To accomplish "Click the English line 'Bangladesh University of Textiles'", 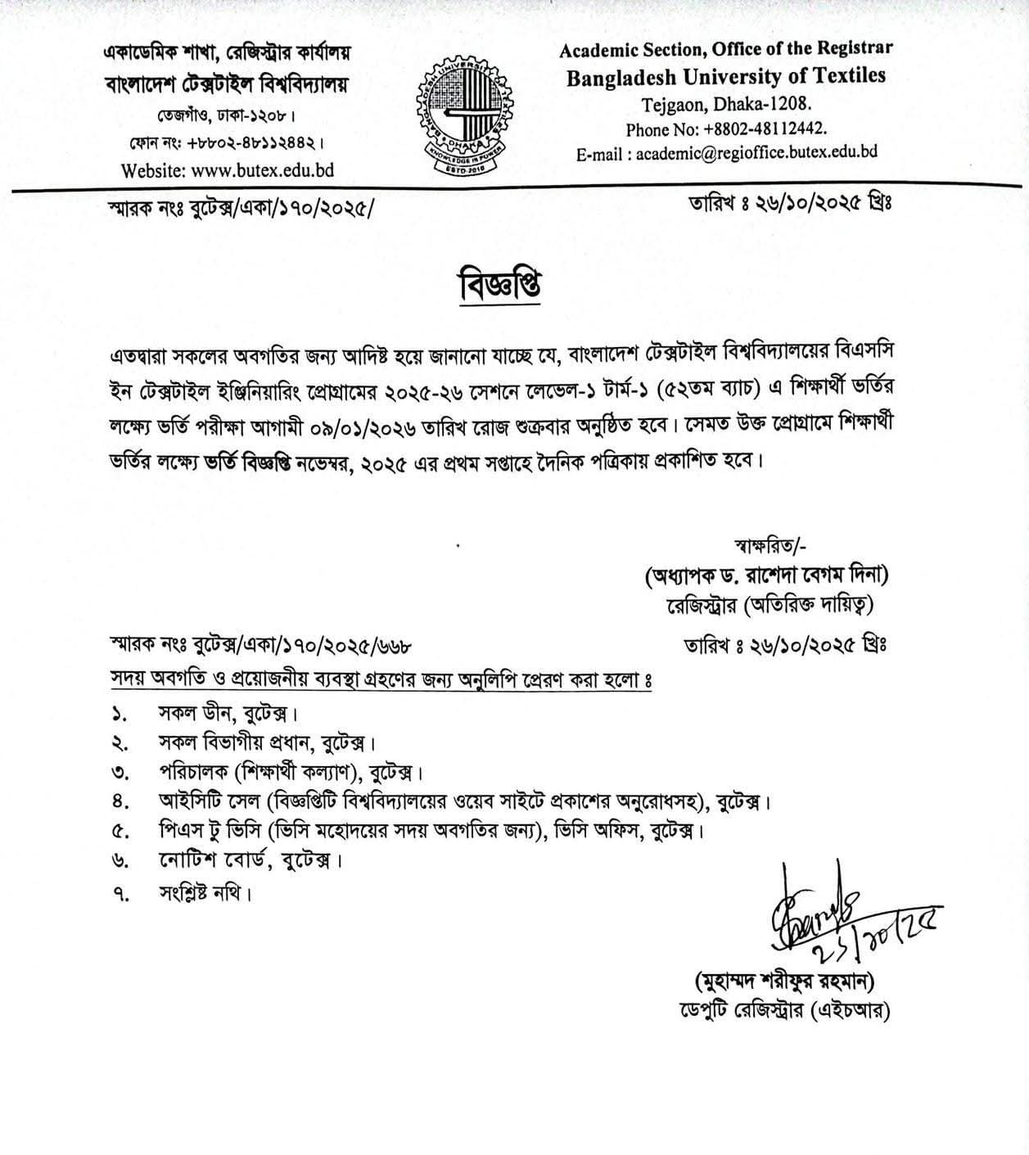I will point(726,76).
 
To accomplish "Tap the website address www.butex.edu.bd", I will point(228,170).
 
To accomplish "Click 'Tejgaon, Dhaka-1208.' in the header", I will point(726,104).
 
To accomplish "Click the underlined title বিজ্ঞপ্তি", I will point(499,285).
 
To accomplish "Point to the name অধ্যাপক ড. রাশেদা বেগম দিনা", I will point(766,575).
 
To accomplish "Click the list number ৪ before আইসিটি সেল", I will point(118,800).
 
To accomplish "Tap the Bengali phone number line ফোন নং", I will point(216,143).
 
